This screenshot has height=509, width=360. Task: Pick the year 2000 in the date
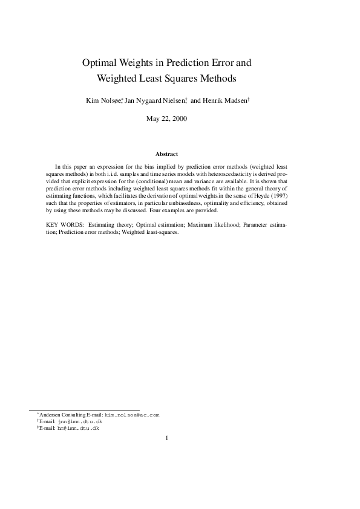pos(178,118)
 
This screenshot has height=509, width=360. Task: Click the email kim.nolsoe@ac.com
pos(132,415)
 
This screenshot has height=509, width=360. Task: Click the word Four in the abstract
pos(152,211)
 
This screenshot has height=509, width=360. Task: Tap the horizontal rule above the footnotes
pos(84,410)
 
